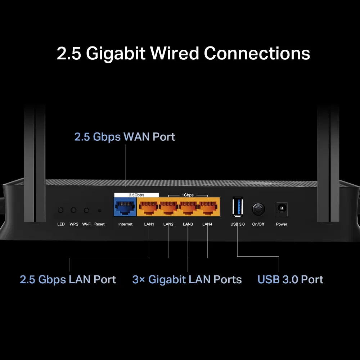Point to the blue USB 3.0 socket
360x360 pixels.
(x=238, y=207)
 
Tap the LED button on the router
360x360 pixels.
(x=61, y=210)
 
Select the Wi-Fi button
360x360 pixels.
(x=86, y=210)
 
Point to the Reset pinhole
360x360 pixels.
(x=99, y=210)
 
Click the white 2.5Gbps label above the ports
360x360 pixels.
(x=136, y=195)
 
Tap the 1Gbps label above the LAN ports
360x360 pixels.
(x=188, y=195)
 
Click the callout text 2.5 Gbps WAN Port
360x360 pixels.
(x=125, y=137)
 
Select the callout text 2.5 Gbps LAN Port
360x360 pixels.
(x=68, y=280)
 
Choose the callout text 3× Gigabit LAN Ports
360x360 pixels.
(x=187, y=280)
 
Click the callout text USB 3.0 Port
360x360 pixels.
(x=290, y=280)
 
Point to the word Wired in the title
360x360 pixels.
(x=174, y=53)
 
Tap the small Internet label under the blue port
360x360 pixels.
(x=125, y=224)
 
